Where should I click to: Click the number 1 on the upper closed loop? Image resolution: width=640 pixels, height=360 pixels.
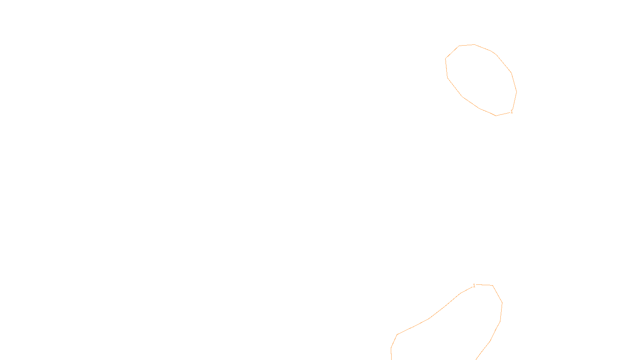(x=512, y=112)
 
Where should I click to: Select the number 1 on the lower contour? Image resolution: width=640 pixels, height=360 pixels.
(x=474, y=286)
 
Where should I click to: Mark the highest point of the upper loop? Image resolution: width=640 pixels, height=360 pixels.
(x=474, y=44)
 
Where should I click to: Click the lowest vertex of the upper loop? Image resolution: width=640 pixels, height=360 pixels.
(x=496, y=116)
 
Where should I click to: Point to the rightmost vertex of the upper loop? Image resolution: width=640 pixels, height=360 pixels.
(x=516, y=92)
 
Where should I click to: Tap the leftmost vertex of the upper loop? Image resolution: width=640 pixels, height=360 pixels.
(x=446, y=59)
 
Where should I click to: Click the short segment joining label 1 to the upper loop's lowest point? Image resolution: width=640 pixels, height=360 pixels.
(x=503, y=114)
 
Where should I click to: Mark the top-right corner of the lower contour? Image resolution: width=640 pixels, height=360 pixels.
(x=492, y=286)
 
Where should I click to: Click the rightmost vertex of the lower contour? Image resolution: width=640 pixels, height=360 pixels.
(x=502, y=303)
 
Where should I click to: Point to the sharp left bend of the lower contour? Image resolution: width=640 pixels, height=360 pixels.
(x=397, y=334)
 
